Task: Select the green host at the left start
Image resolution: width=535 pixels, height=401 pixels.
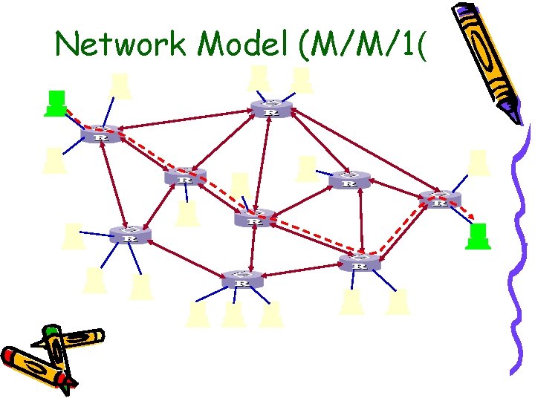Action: point(55,104)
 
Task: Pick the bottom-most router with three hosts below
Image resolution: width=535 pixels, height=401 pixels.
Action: point(241,280)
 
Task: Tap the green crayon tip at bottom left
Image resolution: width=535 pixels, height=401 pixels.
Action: point(51,330)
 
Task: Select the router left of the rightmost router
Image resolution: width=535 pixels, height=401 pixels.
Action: point(348,180)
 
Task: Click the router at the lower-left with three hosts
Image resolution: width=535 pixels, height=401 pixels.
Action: point(130,235)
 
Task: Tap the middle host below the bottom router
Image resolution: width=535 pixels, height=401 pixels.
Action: point(233,314)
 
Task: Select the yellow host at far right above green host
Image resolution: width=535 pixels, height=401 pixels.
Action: point(479,163)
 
